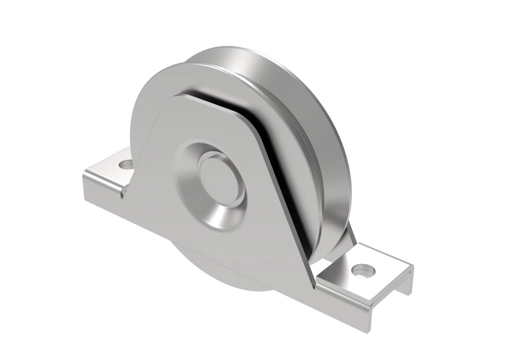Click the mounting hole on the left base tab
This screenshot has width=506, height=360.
pyautogui.click(x=125, y=165)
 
